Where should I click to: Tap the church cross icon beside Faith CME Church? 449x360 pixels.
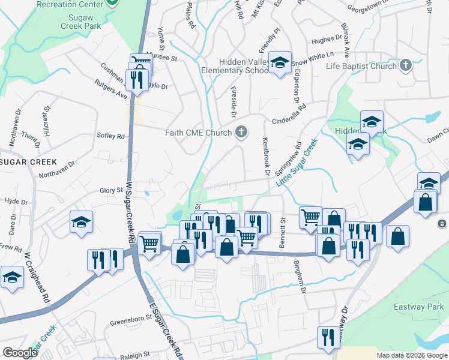(x=241, y=132)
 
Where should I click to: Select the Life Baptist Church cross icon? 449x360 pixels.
(x=406, y=65)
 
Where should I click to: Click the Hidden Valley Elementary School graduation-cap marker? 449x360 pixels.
(x=279, y=63)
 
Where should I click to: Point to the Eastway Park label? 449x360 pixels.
(x=418, y=307)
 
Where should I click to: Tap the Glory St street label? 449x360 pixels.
(x=111, y=190)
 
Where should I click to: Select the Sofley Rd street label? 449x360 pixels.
(x=110, y=136)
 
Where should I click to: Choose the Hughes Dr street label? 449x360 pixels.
(x=325, y=41)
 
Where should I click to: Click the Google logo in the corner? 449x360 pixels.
(x=20, y=352)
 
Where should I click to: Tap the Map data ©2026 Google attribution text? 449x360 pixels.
(x=411, y=355)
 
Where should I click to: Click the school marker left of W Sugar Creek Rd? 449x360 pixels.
(x=81, y=222)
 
